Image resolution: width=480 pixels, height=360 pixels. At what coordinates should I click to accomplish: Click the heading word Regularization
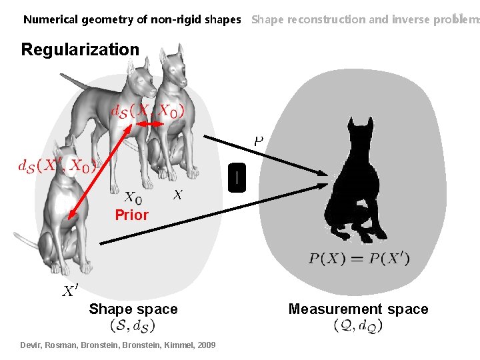click(80, 49)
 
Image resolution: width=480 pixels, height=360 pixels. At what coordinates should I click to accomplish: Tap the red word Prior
click(131, 215)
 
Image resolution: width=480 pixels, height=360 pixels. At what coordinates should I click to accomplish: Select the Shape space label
click(133, 309)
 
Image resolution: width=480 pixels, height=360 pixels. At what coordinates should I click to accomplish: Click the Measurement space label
click(358, 309)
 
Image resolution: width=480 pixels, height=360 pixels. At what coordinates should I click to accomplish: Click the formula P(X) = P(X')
click(359, 259)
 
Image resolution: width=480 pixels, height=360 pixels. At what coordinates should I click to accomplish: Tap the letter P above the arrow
click(258, 141)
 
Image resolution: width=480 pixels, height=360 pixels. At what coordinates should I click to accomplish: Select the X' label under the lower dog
click(70, 291)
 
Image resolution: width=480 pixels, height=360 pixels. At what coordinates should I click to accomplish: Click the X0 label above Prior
click(133, 197)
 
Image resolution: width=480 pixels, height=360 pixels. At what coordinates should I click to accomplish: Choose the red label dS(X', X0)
click(57, 164)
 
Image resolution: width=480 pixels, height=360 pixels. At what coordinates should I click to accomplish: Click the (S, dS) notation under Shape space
click(133, 325)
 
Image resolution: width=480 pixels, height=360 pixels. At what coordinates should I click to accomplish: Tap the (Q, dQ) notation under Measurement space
click(357, 325)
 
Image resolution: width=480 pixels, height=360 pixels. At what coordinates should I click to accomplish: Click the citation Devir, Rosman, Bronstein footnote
click(119, 345)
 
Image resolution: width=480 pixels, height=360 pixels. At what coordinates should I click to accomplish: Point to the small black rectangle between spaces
click(237, 177)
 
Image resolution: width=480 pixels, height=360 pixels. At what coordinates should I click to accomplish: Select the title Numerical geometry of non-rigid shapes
click(132, 19)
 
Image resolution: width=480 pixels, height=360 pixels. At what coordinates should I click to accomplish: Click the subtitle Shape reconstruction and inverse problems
click(364, 19)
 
